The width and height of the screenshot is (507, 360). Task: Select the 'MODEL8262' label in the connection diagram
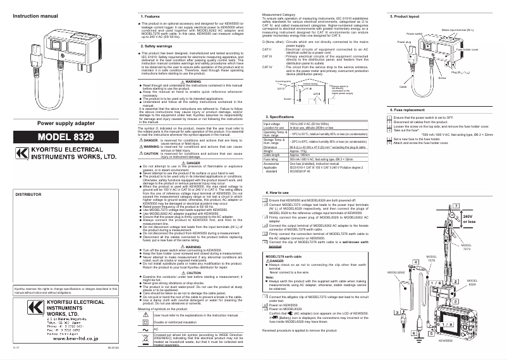point(396,290)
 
